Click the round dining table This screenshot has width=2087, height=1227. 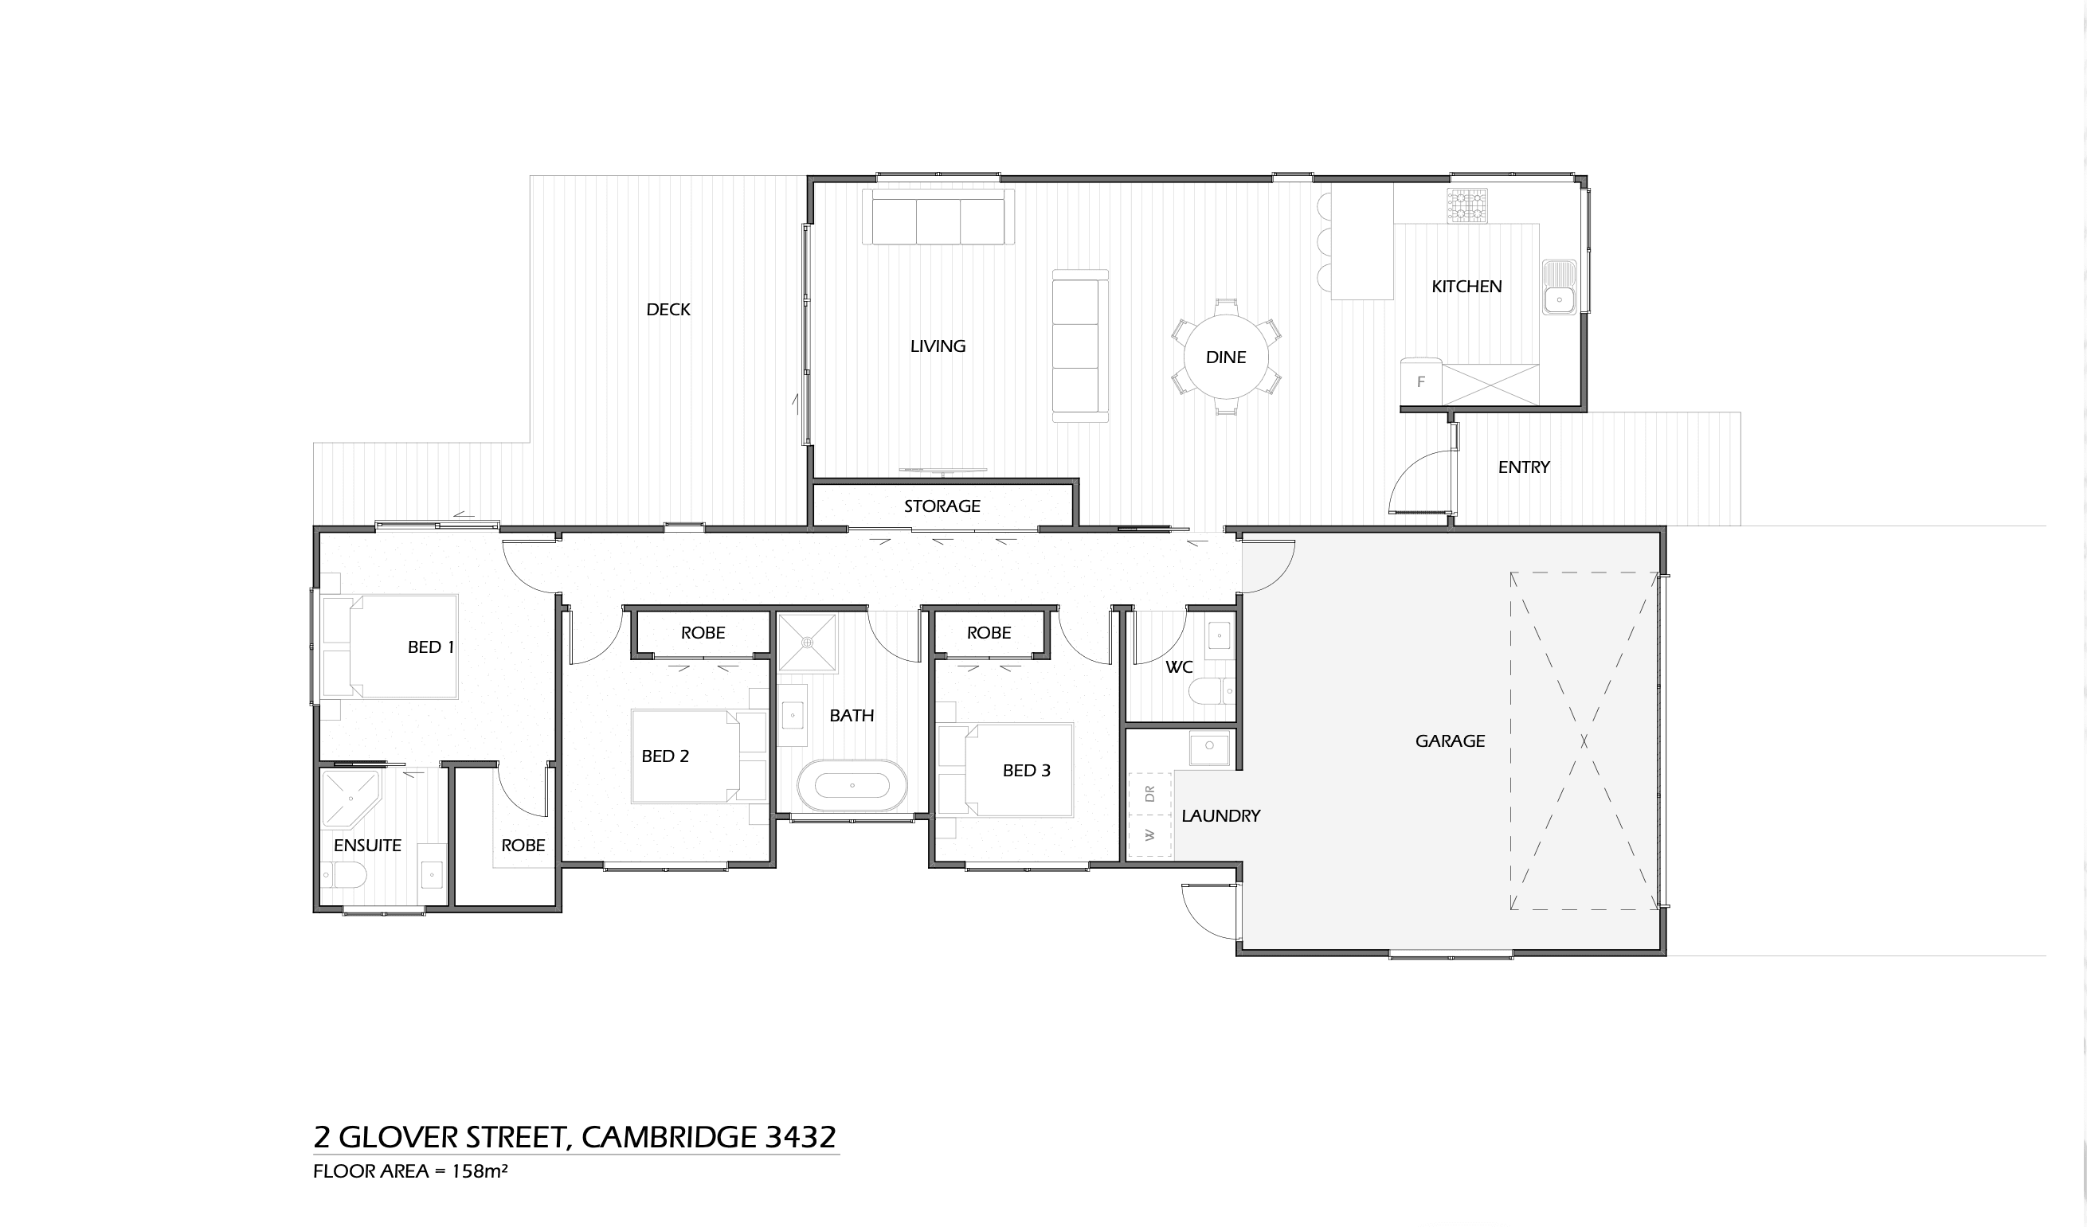coord(1226,357)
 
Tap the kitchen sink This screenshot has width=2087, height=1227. coord(1560,287)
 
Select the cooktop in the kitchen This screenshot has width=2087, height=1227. coord(1466,206)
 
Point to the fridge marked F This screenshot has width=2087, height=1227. coord(1421,381)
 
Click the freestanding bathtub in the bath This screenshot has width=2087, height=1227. coord(852,785)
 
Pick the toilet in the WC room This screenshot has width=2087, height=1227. coord(1212,690)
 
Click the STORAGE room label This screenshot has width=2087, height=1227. coord(942,506)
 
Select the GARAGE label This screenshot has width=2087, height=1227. coord(1450,741)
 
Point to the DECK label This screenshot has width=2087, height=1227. coord(668,310)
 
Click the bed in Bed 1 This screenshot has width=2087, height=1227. coord(390,647)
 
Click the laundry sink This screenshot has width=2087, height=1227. coord(1210,748)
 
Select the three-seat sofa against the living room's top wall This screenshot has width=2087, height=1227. coord(938,217)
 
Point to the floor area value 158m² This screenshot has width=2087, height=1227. coord(480,1170)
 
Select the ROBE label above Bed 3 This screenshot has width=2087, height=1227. coord(989,632)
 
